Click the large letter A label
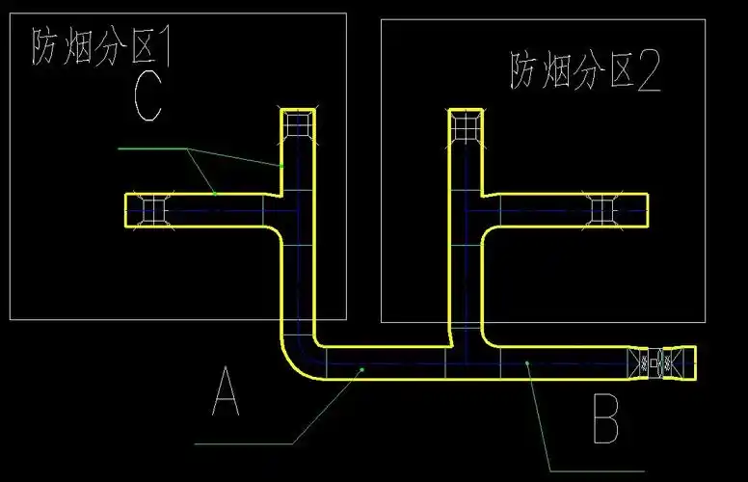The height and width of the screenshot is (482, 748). coord(225,393)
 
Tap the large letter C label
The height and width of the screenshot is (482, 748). coord(147,96)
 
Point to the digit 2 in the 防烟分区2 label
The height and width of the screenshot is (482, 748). coord(649,71)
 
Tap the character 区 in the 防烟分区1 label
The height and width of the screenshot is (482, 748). coord(135,46)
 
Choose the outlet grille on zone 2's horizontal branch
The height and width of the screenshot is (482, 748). coord(603,208)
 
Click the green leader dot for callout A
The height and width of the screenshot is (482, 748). coord(361,367)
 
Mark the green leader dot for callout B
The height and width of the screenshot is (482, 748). coord(527,363)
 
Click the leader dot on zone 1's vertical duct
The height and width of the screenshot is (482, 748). coord(281,166)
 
